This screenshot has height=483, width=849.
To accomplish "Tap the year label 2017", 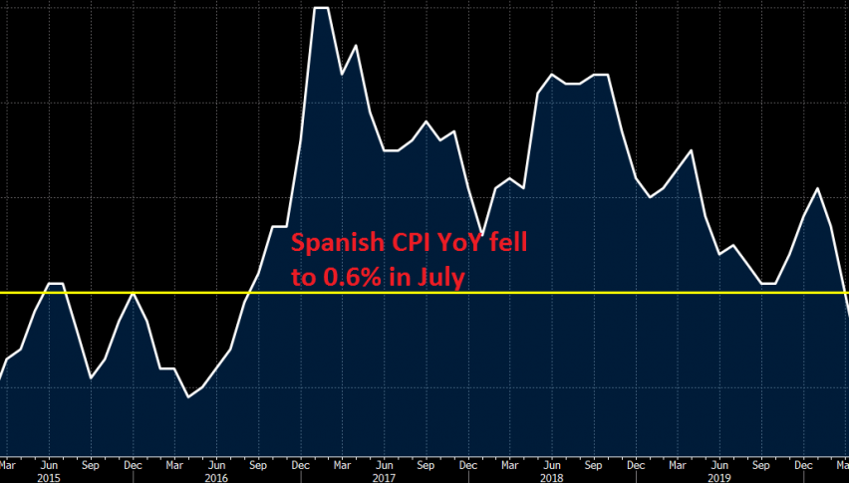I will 384,476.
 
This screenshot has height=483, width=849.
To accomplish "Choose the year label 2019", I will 718,476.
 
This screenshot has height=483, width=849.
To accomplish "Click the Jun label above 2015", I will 49,463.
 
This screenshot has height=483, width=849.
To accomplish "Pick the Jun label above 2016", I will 216,463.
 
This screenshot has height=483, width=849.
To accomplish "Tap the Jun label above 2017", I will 384,463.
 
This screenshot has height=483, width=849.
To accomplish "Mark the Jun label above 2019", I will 718,463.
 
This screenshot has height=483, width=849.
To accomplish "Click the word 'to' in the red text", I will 302,278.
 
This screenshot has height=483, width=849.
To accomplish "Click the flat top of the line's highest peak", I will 321,8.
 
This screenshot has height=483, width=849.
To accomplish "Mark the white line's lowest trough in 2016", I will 188,397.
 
